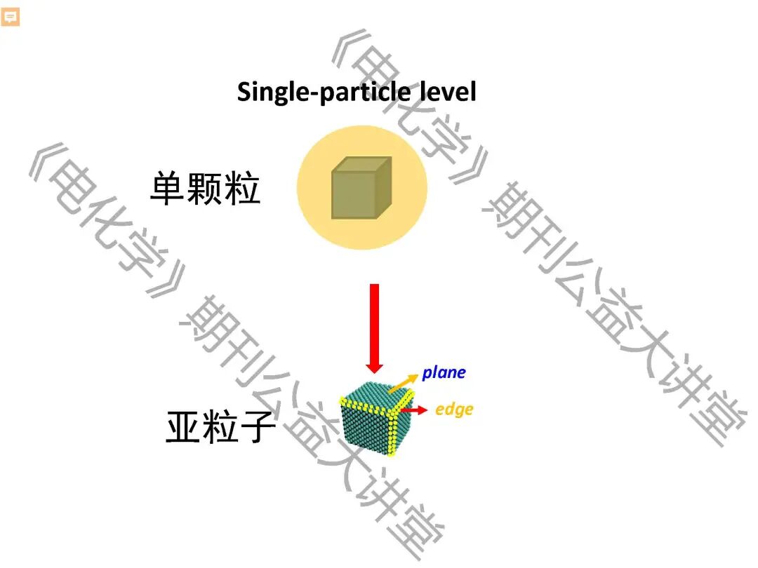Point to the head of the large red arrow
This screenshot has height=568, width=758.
[x=374, y=366]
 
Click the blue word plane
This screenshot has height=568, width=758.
[x=444, y=372]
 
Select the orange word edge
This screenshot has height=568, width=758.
[x=454, y=409]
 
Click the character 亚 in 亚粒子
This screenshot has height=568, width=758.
[x=183, y=427]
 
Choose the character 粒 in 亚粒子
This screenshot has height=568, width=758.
[x=220, y=427]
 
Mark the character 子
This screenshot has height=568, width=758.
[x=256, y=427]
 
